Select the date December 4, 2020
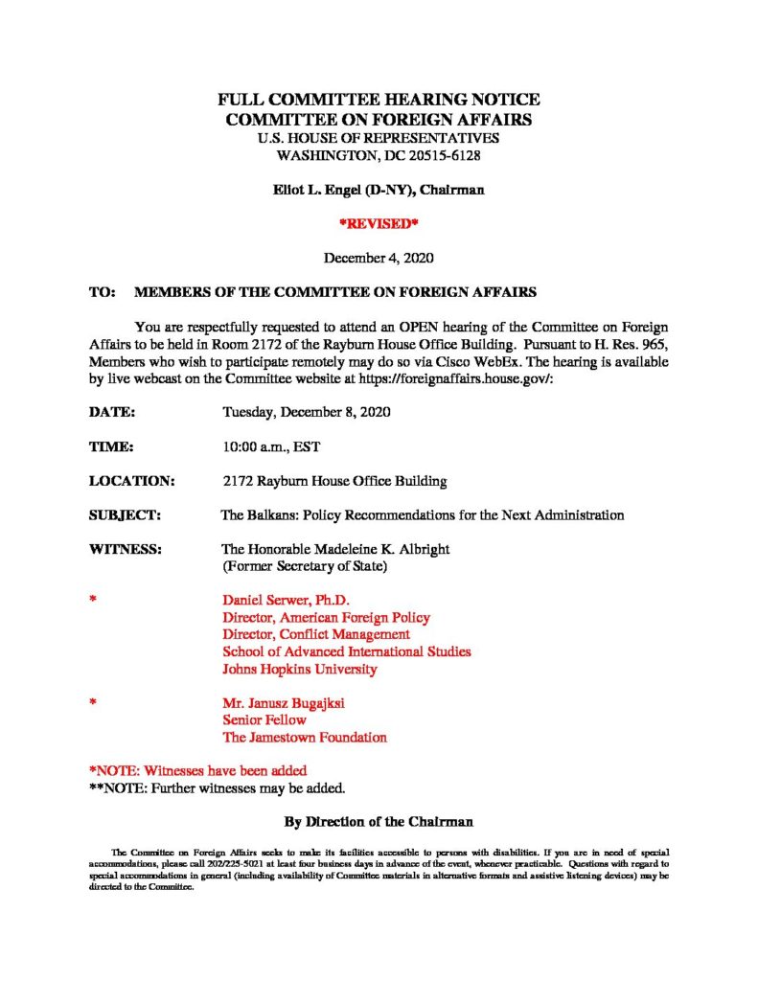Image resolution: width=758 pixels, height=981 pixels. coord(379,257)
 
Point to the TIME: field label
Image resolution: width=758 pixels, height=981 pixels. coord(110,446)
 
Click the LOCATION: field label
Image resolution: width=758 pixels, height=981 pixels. coord(131,481)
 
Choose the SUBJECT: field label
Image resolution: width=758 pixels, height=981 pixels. coord(125,515)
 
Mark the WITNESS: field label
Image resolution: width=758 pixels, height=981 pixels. coord(125,550)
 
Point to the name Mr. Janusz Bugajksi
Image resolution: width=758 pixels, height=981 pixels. coord(284,703)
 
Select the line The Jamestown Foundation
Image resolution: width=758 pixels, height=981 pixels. coord(305,738)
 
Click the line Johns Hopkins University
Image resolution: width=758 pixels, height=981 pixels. coord(300,670)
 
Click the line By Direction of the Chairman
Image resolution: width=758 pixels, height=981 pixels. coord(379,822)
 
